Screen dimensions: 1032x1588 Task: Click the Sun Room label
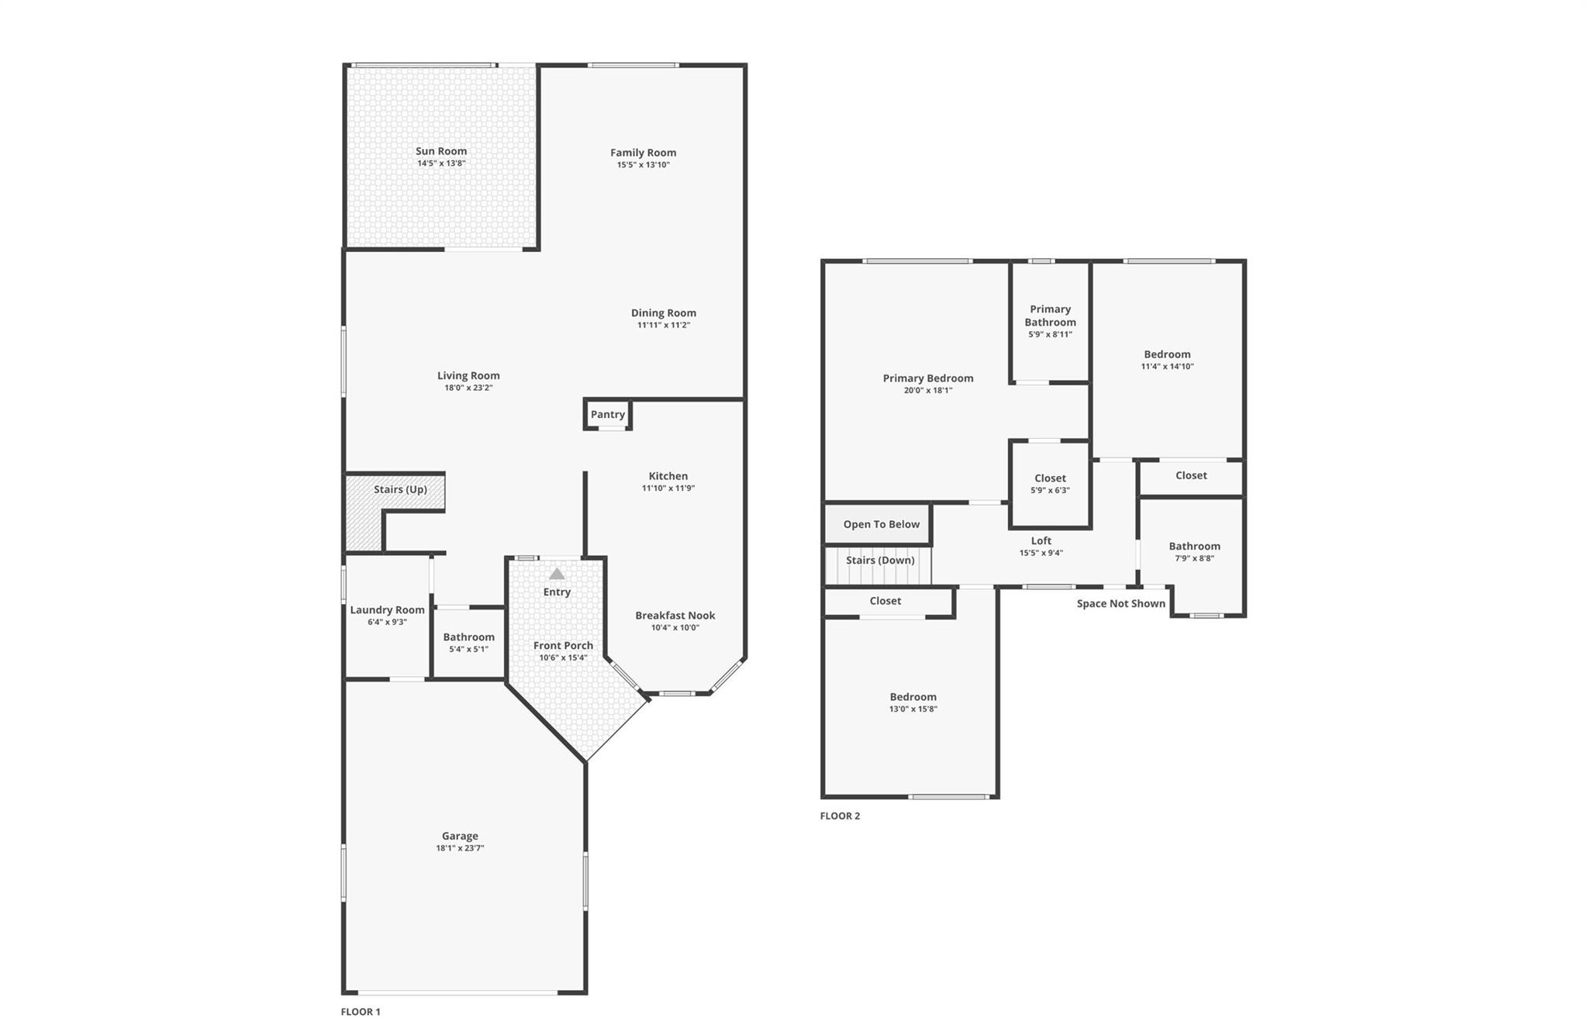(441, 151)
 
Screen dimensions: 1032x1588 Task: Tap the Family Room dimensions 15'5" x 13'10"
(643, 165)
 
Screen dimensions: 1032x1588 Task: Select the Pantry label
(608, 414)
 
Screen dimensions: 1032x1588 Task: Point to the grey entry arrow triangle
(557, 574)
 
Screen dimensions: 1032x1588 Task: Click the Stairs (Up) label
(400, 489)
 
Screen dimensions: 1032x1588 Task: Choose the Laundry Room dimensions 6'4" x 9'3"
(387, 622)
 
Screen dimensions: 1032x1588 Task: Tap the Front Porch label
(563, 645)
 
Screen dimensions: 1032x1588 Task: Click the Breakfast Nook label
(675, 615)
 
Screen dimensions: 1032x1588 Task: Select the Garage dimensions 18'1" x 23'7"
(460, 848)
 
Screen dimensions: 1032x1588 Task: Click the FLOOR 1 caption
(361, 1011)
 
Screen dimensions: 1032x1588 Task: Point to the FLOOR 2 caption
(840, 816)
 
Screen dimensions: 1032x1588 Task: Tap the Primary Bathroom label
(1050, 316)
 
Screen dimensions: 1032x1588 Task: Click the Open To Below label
(881, 524)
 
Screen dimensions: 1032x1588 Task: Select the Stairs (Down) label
(880, 560)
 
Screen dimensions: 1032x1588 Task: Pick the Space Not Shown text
(1120, 603)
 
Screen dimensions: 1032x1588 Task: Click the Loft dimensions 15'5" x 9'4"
(1041, 553)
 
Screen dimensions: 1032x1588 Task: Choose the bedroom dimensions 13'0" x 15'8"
(913, 709)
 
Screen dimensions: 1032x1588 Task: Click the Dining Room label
(663, 312)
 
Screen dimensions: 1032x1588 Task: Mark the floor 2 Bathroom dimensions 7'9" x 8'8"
(1194, 558)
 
